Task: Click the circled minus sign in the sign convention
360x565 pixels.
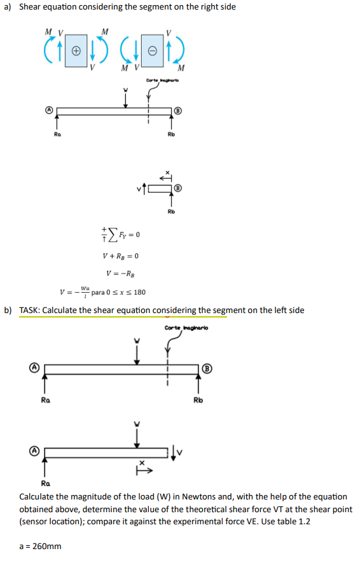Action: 151,49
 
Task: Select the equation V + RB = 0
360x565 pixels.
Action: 120,256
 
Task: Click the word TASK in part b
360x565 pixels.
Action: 31,310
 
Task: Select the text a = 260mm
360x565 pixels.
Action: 41,546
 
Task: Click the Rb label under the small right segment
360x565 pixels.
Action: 171,211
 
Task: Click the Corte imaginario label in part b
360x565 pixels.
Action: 186,328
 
